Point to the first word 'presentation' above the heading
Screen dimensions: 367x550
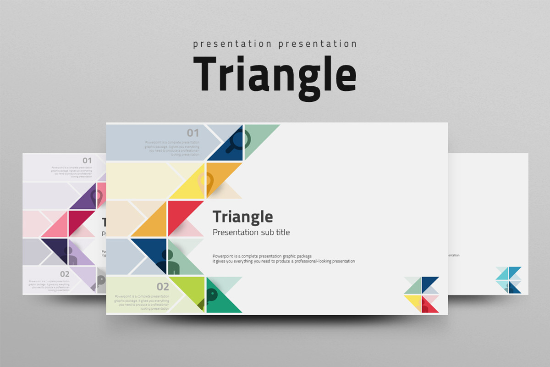[232, 44]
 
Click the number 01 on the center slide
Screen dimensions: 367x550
[193, 133]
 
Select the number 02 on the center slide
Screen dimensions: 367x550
[163, 287]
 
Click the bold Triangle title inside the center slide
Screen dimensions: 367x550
[242, 216]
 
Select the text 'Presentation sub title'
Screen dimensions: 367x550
[251, 232]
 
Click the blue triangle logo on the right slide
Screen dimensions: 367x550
[508, 280]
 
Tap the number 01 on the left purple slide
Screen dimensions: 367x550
[87, 161]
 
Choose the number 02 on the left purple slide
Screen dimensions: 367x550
[65, 274]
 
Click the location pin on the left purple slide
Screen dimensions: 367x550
[96, 198]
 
